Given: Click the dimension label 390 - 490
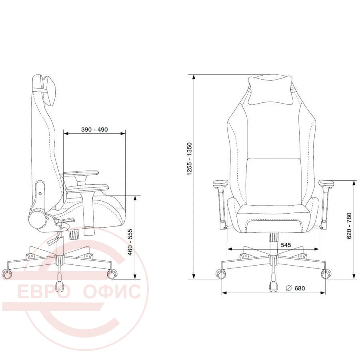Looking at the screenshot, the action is (x=94, y=130).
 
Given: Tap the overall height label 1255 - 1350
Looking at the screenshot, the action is (x=190, y=159).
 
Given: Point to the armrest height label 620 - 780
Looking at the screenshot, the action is (x=349, y=226).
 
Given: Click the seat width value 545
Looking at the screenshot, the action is (x=286, y=245).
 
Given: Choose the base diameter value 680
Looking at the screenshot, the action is (x=300, y=288).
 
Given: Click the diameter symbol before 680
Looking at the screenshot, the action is (x=288, y=288).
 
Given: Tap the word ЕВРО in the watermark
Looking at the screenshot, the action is (x=44, y=291).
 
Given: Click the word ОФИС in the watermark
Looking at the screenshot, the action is (x=112, y=291).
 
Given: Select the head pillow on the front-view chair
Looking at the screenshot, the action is (x=270, y=90).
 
